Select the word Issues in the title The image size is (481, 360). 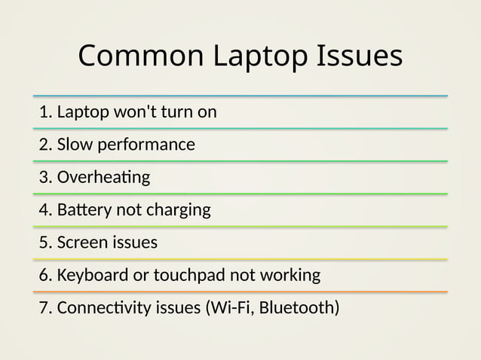360,56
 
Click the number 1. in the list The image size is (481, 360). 46,112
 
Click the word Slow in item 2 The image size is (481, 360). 74,145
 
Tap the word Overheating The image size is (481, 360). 104,178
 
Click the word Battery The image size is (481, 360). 84,210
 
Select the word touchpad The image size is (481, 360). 188,276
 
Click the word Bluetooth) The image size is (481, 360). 299,308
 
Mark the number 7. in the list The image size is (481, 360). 46,308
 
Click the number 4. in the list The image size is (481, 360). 46,210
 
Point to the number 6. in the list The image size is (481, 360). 46,276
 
